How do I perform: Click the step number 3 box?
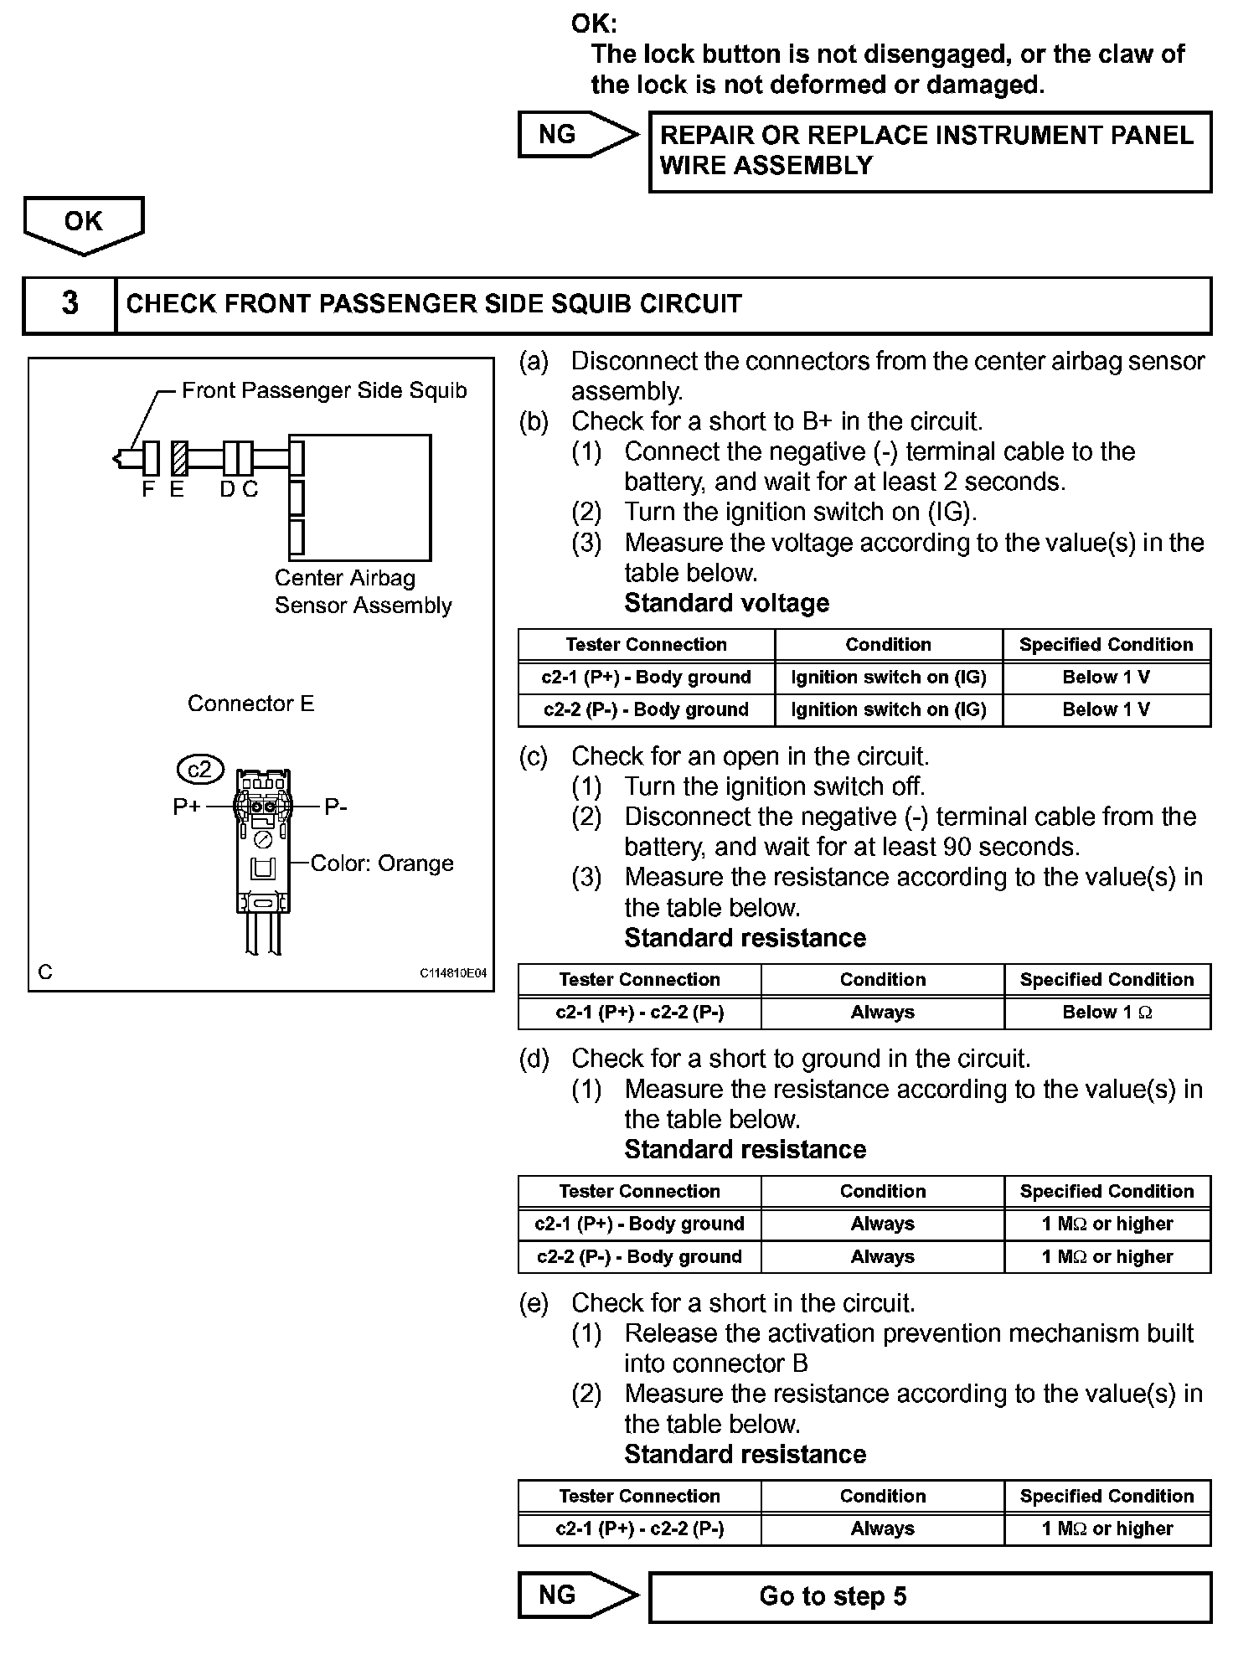coord(70,304)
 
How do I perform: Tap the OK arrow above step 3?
coord(84,224)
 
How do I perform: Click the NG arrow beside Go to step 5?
coord(576,1595)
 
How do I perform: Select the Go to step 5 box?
coord(930,1596)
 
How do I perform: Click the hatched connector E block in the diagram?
coord(178,458)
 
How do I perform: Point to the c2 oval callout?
coord(201,769)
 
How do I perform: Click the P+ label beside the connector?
coord(187,807)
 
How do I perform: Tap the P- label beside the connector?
coord(336,807)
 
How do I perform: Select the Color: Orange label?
coord(382,863)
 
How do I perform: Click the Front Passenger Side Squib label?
coord(324,390)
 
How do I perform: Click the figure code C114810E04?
coord(453,974)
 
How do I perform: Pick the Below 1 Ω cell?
coord(1107,1013)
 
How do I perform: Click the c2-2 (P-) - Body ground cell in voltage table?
coord(646,710)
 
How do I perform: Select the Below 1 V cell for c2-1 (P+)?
coord(1107,678)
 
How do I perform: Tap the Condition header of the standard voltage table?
coord(888,645)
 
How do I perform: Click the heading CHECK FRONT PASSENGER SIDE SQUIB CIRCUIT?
coord(434,304)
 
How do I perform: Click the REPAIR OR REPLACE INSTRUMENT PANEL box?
coord(930,151)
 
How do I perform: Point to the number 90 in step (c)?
coord(957,847)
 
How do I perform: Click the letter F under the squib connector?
coord(148,490)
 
